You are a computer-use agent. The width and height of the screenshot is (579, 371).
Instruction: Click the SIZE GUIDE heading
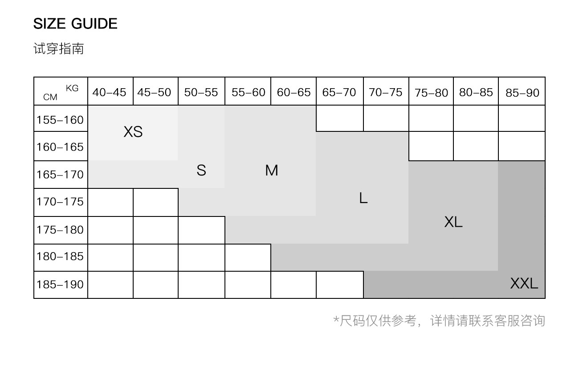pyautogui.click(x=75, y=24)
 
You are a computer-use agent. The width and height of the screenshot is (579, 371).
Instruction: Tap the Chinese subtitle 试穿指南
pyautogui.click(x=58, y=49)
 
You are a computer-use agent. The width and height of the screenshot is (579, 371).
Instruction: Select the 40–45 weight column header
pyautogui.click(x=110, y=93)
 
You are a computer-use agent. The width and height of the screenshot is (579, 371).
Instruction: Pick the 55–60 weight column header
pyautogui.click(x=248, y=93)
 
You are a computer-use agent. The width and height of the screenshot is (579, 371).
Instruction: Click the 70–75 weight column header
pyautogui.click(x=385, y=93)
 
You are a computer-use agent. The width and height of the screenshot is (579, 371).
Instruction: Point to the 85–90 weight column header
pyautogui.click(x=522, y=93)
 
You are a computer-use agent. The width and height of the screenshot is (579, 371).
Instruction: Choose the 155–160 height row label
pyautogui.click(x=60, y=120)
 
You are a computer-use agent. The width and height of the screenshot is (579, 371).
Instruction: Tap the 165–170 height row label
pyautogui.click(x=60, y=175)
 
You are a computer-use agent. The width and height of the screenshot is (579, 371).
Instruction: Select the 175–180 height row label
pyautogui.click(x=60, y=230)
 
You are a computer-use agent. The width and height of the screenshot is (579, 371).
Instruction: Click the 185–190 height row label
pyautogui.click(x=60, y=284)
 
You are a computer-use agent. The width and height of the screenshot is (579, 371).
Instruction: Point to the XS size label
pyautogui.click(x=133, y=132)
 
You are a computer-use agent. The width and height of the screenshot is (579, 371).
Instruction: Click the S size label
pyautogui.click(x=201, y=170)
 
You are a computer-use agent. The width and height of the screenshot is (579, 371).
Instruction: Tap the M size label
pyautogui.click(x=271, y=170)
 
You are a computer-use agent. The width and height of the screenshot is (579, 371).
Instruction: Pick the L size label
pyautogui.click(x=363, y=198)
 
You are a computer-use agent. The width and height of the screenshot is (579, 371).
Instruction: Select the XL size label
pyautogui.click(x=453, y=222)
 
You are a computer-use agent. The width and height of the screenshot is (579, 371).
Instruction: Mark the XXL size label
pyautogui.click(x=524, y=283)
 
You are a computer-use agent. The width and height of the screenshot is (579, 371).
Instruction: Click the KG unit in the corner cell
pyautogui.click(x=72, y=88)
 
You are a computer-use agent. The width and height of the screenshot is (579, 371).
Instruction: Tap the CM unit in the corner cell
pyautogui.click(x=50, y=97)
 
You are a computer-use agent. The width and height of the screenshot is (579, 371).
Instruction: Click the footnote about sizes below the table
pyautogui.click(x=439, y=321)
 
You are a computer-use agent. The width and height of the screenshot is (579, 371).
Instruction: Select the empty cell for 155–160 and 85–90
pyautogui.click(x=522, y=118)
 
